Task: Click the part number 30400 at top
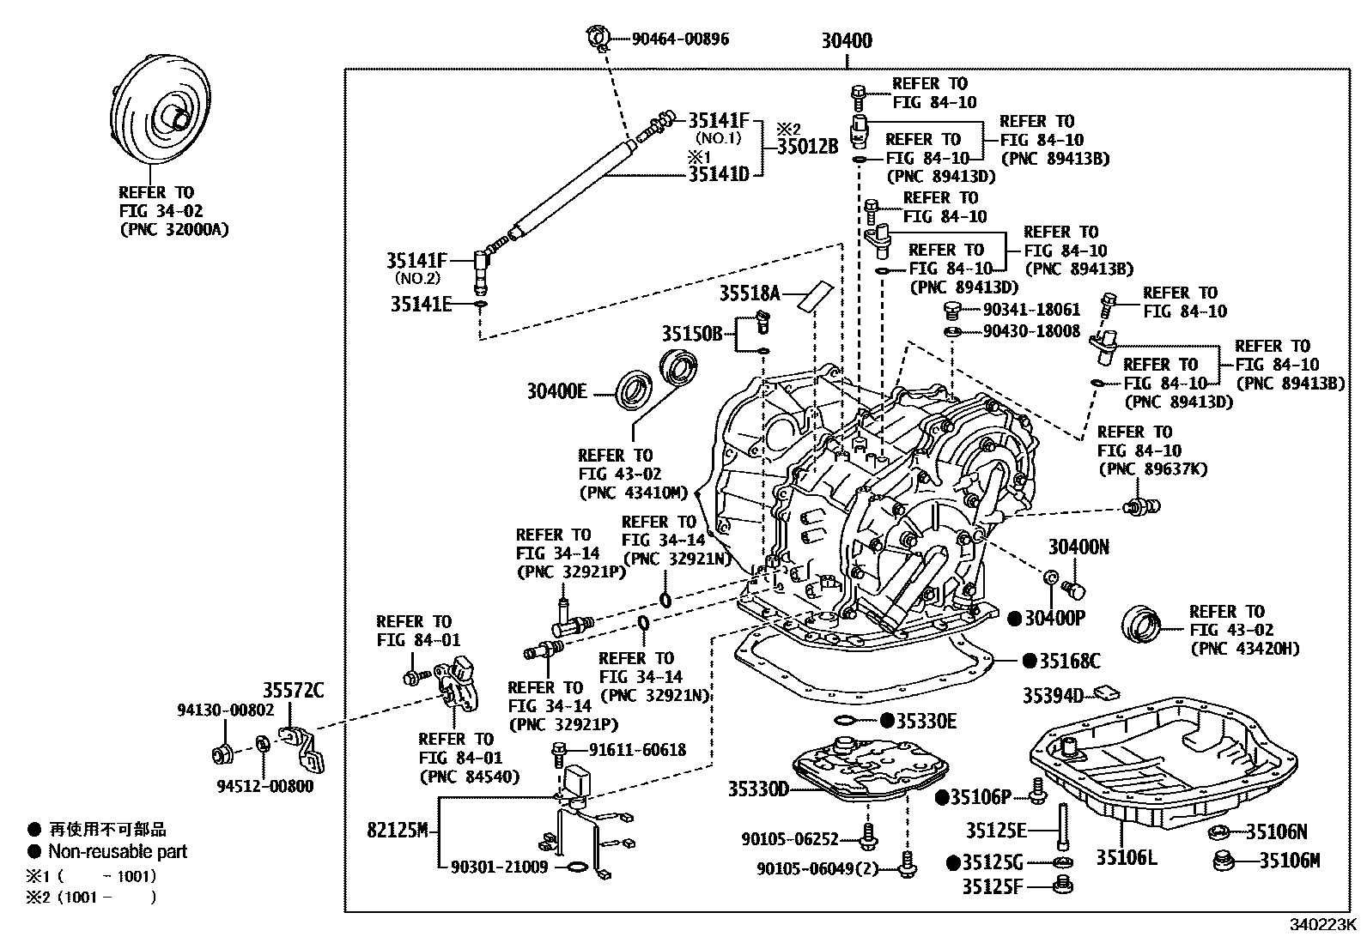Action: (x=846, y=40)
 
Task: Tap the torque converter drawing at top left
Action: (x=163, y=116)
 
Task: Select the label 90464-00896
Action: (x=680, y=39)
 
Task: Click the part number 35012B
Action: (x=807, y=146)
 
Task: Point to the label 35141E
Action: (x=421, y=304)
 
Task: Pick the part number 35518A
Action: (x=749, y=293)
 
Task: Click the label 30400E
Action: (x=556, y=392)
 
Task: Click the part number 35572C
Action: (x=293, y=690)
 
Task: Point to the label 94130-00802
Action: (x=226, y=710)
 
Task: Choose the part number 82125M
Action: (x=397, y=831)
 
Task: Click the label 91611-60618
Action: (x=637, y=750)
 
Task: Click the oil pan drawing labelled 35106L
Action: (x=1151, y=764)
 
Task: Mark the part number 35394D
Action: (x=1054, y=695)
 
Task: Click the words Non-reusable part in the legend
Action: (x=118, y=851)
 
